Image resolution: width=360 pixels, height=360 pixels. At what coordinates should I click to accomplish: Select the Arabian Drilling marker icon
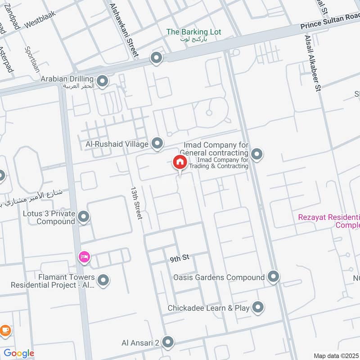coord(103,81)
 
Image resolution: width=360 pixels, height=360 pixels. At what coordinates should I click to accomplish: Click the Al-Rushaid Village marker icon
coord(157,144)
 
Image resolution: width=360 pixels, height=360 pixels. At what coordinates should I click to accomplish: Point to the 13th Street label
coord(136,203)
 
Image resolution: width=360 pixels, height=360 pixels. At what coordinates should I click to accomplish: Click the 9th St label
coord(180,259)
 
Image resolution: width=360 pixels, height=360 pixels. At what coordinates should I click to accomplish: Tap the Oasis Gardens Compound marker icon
coord(273,277)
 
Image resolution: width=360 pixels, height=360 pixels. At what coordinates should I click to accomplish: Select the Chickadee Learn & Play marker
coord(258,307)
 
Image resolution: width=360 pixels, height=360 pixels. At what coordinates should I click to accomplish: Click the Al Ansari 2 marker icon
coord(168,342)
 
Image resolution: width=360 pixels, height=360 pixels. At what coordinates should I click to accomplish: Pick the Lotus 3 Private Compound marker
coord(84,217)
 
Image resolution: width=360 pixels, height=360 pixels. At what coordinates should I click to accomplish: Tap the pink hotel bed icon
coord(84,257)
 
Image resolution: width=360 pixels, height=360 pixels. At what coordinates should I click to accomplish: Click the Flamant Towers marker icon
coord(103,281)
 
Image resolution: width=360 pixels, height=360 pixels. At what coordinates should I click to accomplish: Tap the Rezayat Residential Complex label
coord(329,221)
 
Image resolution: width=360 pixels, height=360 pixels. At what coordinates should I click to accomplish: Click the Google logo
coord(19,353)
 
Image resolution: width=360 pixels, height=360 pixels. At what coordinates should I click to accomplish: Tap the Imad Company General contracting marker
coord(256,155)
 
